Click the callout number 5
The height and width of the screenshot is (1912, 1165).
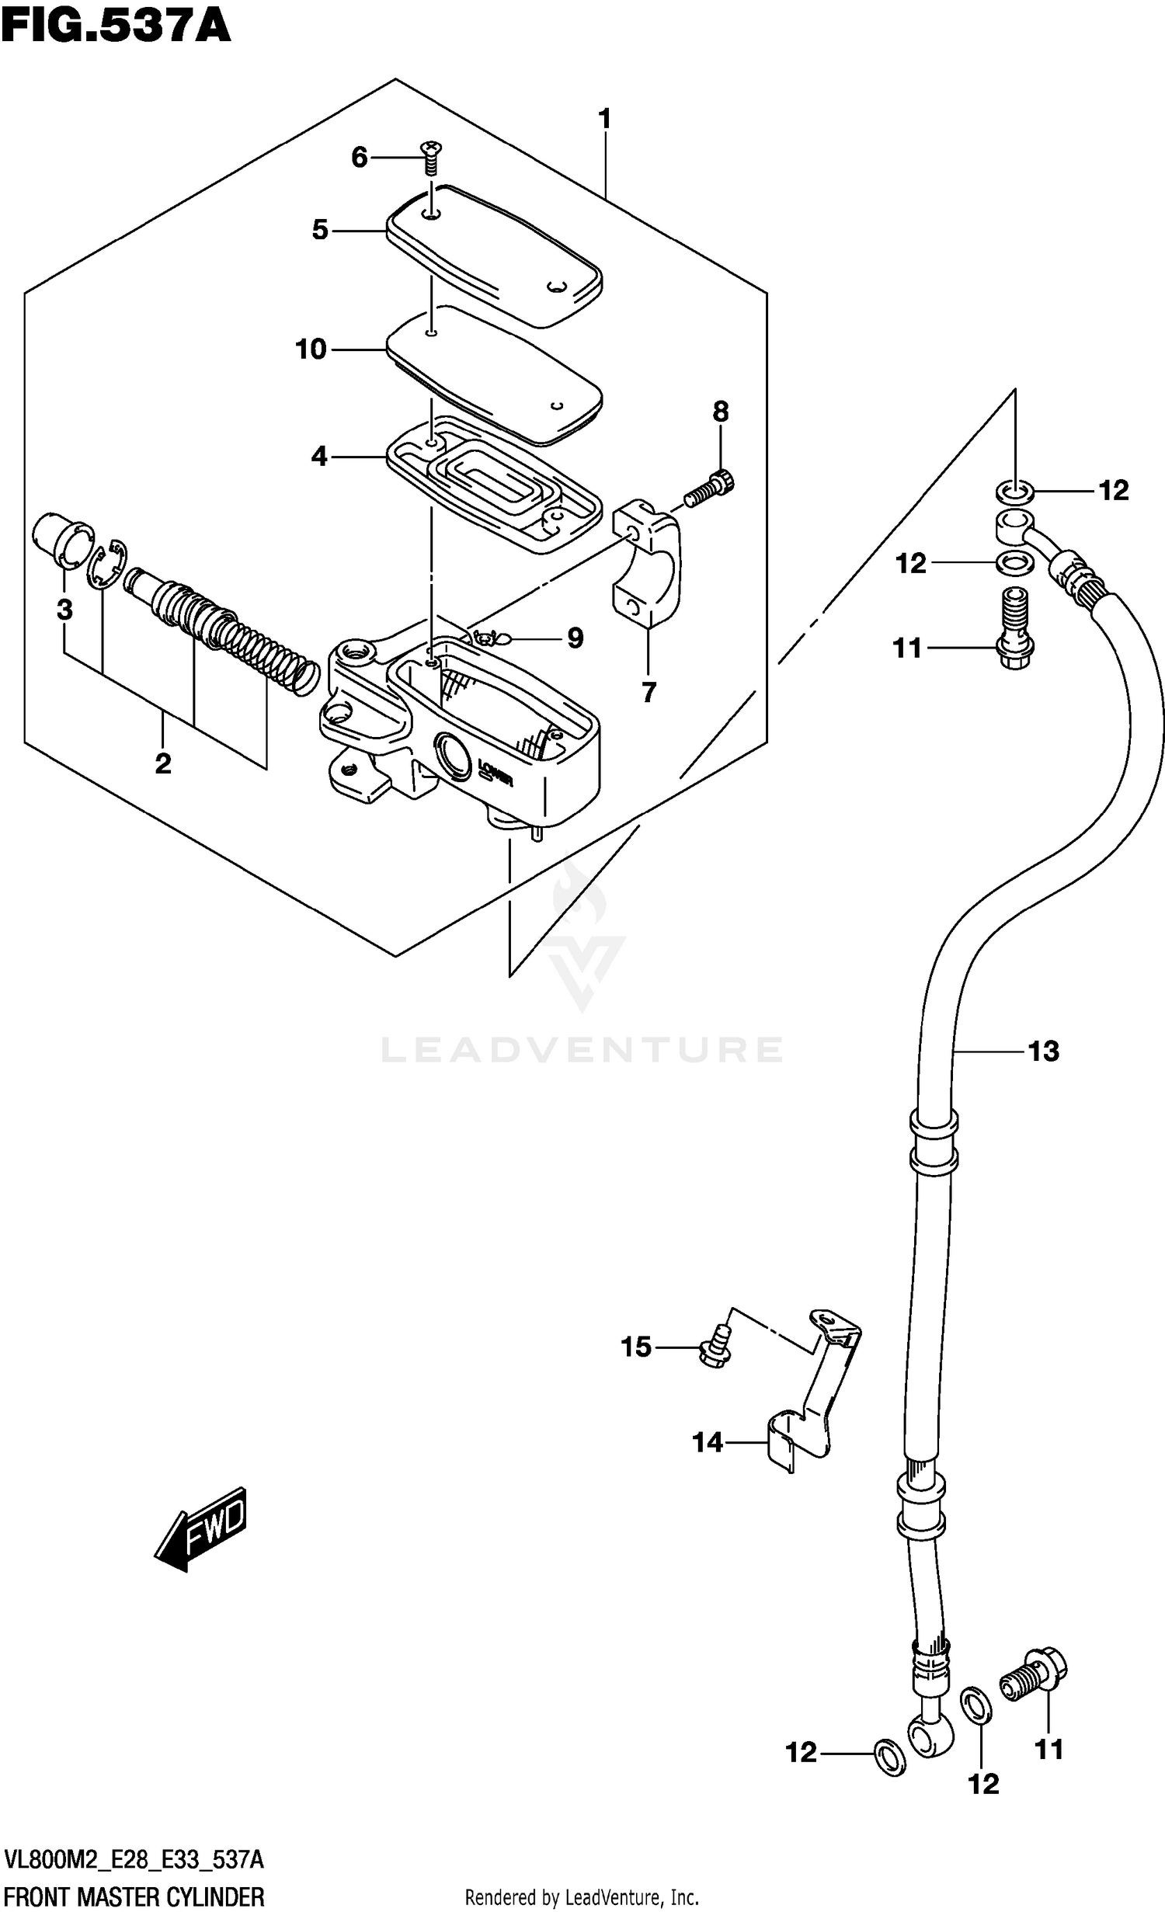[x=320, y=231]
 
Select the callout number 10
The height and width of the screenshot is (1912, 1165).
[x=311, y=350]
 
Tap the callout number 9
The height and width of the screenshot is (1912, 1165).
[x=575, y=638]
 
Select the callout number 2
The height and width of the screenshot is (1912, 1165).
[x=162, y=763]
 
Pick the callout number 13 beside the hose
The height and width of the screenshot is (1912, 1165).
[x=1043, y=1052]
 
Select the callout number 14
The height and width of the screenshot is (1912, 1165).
[x=708, y=1443]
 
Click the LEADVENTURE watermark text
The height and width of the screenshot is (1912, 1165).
[x=582, y=1050]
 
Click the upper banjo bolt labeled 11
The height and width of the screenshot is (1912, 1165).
[x=1014, y=629]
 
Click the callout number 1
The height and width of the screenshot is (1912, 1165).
[x=604, y=120]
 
